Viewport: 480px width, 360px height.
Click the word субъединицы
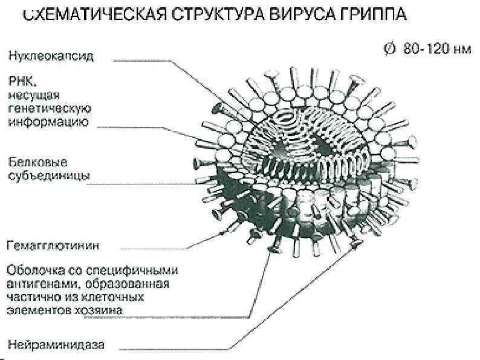49,175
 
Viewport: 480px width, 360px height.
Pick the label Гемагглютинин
53,246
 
